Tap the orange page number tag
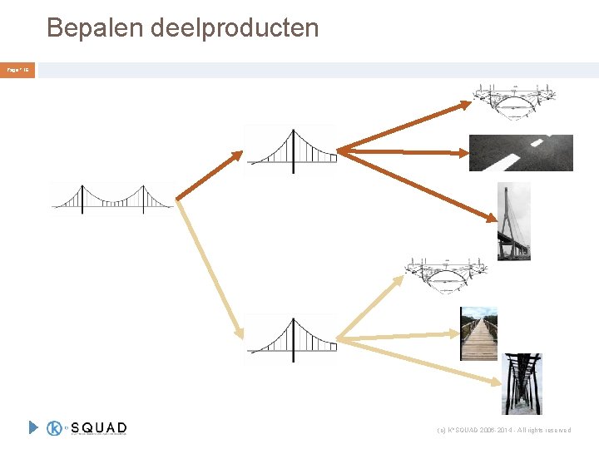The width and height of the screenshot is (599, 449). click(17, 71)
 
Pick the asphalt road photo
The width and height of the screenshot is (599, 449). click(521, 152)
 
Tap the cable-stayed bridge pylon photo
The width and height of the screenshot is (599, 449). click(513, 221)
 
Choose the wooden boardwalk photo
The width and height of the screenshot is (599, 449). click(478, 333)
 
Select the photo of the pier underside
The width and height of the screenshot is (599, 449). click(521, 383)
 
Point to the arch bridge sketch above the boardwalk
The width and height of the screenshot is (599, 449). click(445, 275)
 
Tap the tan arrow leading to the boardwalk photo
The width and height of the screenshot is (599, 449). click(399, 337)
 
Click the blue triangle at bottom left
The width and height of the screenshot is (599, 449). click(33, 427)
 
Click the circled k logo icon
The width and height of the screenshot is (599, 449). click(56, 427)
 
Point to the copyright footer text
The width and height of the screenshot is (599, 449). click(504, 430)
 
